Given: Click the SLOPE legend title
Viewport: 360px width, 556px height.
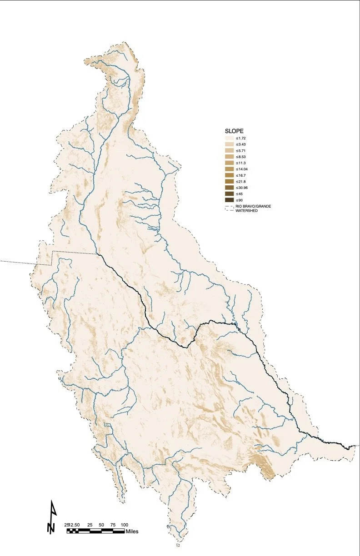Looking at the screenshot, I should pos(235,131).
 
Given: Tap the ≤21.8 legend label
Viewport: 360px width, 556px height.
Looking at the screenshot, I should pos(240,181).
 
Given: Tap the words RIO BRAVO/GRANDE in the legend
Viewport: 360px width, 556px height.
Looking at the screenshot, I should pos(253,206).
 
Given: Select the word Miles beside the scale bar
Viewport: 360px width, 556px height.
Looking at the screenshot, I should pos(132,531).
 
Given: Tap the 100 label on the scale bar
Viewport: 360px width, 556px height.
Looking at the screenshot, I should pos(125,525).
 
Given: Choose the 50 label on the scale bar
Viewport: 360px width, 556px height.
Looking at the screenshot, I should pos(101,525).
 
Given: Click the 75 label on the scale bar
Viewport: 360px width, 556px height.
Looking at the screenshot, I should pos(113,525).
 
